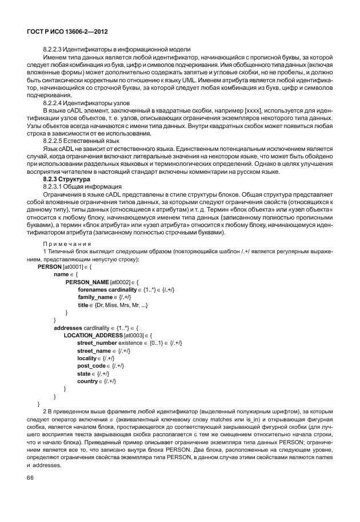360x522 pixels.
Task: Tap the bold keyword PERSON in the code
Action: click(x=49, y=266)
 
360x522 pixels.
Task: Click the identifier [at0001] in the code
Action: click(x=73, y=266)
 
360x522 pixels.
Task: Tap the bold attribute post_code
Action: click(x=91, y=365)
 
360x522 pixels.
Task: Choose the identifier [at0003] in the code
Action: click(x=133, y=335)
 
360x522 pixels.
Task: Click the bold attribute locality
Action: click(x=89, y=358)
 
